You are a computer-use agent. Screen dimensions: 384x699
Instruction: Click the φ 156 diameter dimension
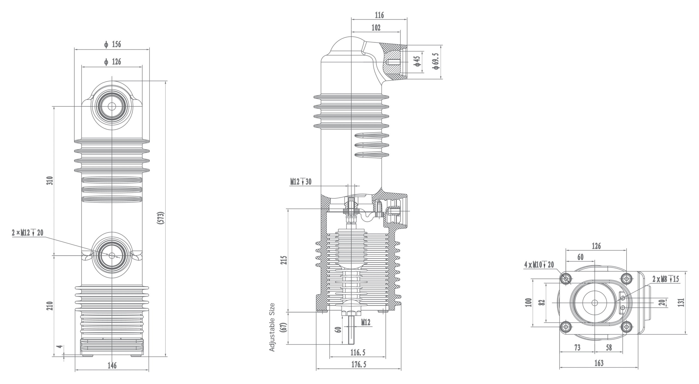112,44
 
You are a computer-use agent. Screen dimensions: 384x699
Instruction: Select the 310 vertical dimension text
50,181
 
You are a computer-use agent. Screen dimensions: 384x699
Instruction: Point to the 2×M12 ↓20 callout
28,233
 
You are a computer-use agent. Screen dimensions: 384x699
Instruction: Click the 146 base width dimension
112,365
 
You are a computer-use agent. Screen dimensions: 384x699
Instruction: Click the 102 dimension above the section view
376,28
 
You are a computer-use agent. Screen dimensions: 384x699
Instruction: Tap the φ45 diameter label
417,62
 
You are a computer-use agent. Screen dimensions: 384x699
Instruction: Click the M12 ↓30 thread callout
301,182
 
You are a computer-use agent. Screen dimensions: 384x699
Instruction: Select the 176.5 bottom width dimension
359,364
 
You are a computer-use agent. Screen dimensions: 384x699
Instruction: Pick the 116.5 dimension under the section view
358,353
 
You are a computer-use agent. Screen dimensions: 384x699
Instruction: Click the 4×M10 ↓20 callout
539,265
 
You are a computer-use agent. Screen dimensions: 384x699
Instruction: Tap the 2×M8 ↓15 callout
665,279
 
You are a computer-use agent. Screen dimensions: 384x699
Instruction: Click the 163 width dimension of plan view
599,363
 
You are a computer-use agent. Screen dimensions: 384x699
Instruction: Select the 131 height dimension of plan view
681,302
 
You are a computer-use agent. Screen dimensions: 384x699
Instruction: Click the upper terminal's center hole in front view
112,106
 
